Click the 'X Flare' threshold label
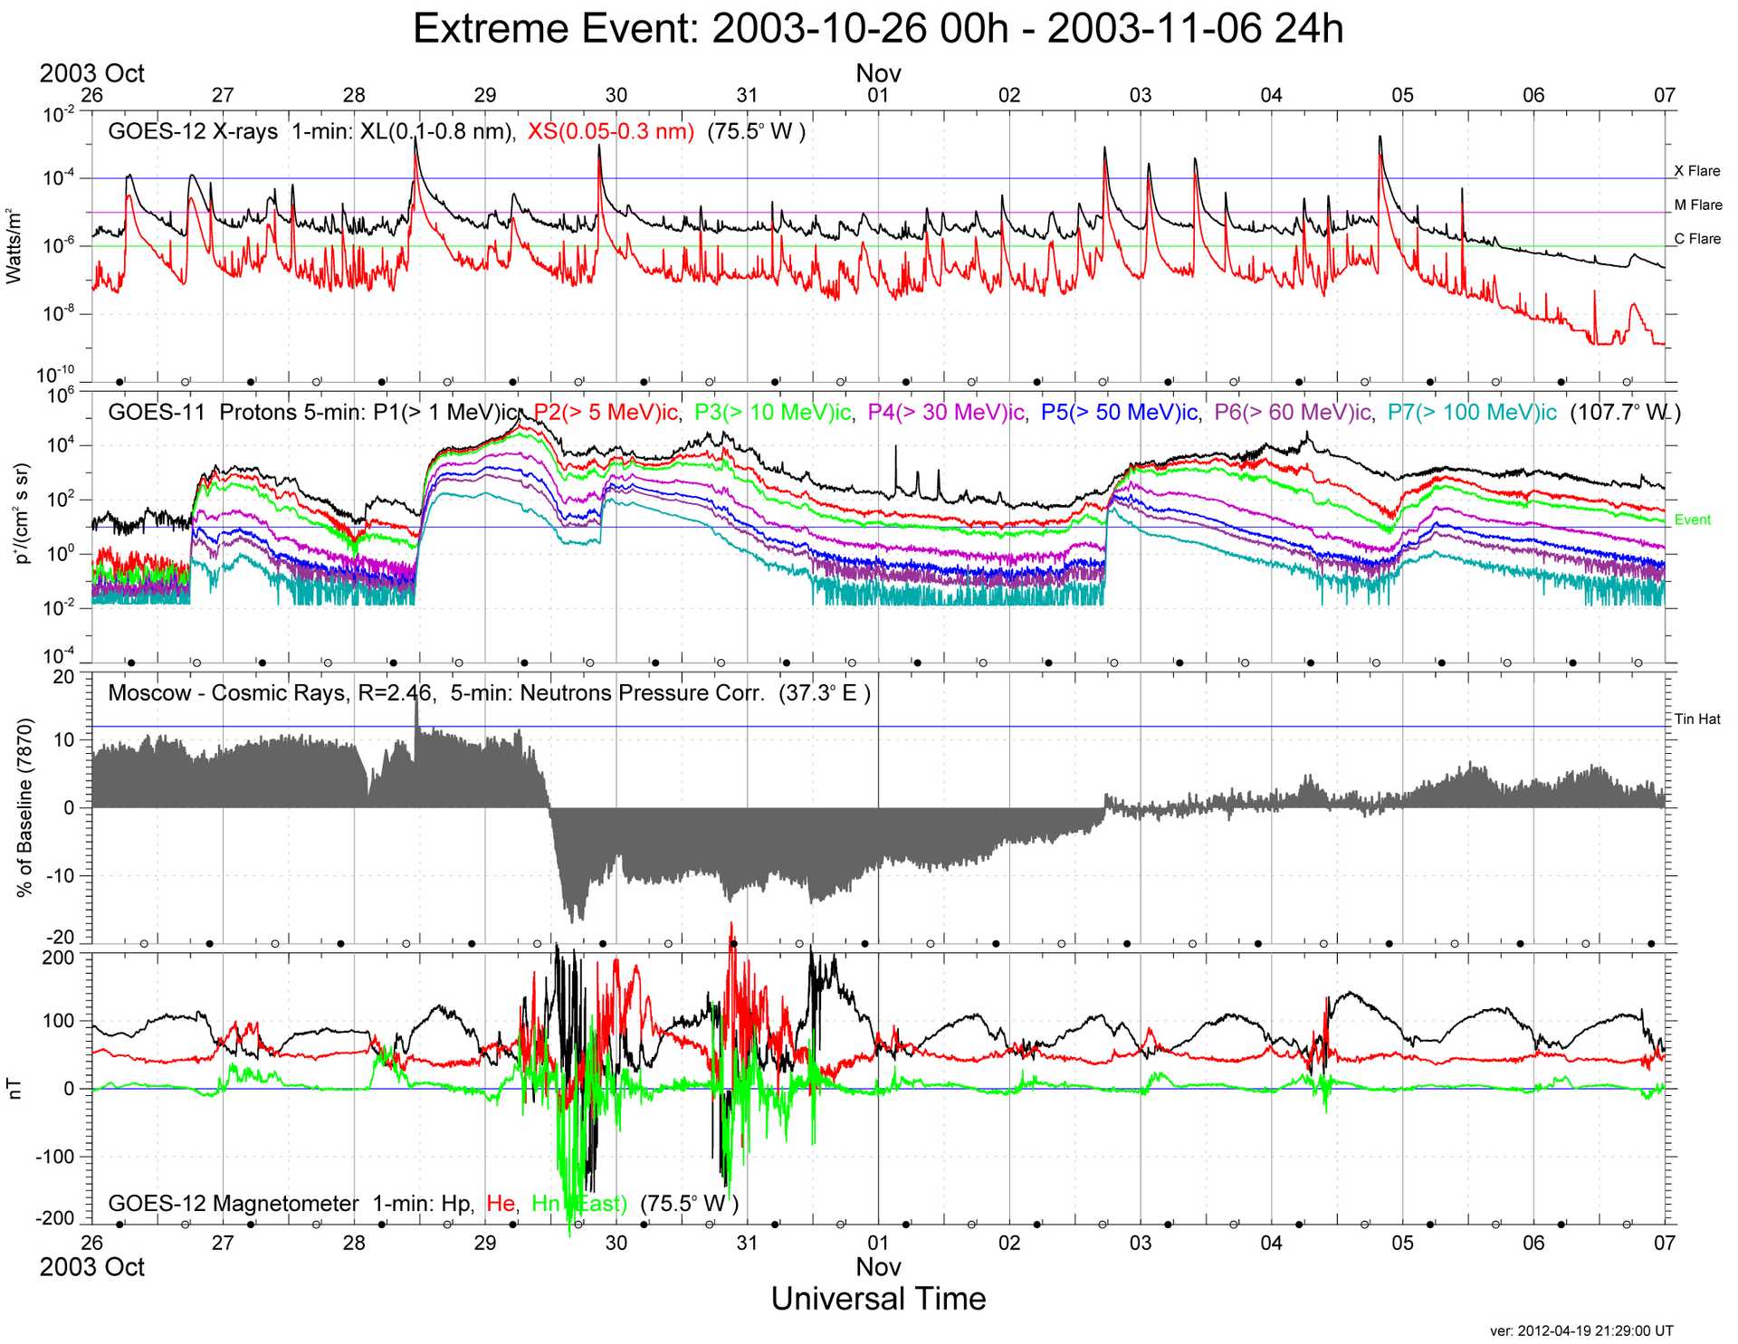click(x=1696, y=171)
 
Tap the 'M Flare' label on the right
click(x=1697, y=205)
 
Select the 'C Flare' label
click(x=1696, y=239)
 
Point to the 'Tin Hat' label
click(x=1696, y=720)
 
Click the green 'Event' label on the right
click(x=1692, y=519)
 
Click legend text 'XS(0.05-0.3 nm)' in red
click(x=610, y=132)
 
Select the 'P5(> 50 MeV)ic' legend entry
click(x=1119, y=413)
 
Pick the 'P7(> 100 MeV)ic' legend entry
click(x=1472, y=413)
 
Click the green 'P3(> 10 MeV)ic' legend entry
click(x=772, y=413)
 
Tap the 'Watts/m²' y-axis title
click(x=14, y=246)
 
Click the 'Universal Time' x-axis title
click(x=878, y=1299)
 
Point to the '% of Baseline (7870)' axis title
click(x=25, y=807)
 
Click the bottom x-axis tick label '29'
click(x=485, y=1243)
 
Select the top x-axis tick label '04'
click(x=1271, y=96)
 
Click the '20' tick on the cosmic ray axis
click(x=63, y=677)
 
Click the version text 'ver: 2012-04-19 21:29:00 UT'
click(x=1580, y=1330)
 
